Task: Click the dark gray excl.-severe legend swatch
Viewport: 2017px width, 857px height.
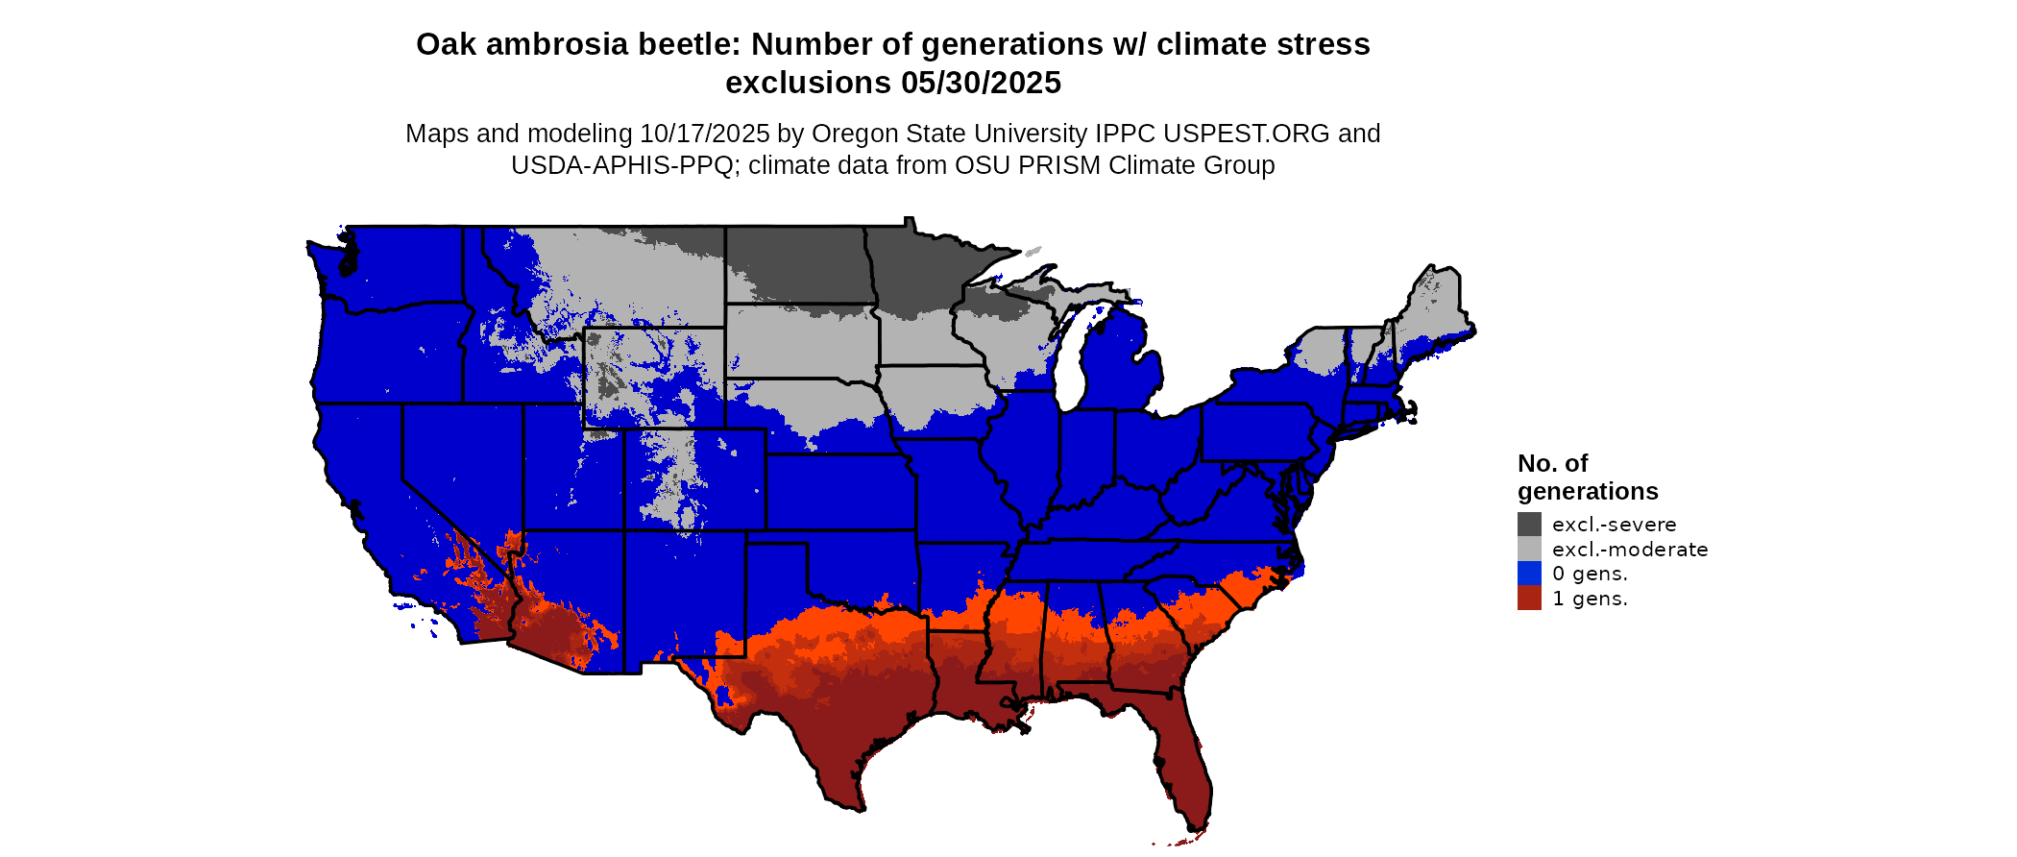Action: (1529, 524)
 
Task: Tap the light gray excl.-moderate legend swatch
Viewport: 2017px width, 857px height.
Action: (1529, 549)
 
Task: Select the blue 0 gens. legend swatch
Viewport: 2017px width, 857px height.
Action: (1529, 574)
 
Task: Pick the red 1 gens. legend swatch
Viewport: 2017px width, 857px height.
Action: (1529, 599)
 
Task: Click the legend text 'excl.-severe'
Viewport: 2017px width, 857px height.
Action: (1614, 525)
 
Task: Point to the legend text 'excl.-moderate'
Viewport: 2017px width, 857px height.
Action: (1630, 550)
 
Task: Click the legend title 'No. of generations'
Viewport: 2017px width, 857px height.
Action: (1587, 477)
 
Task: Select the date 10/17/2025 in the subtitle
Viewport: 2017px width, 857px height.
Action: (705, 134)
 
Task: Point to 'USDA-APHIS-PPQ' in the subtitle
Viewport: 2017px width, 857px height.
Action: (622, 165)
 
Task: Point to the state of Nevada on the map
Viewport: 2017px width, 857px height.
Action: (461, 461)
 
